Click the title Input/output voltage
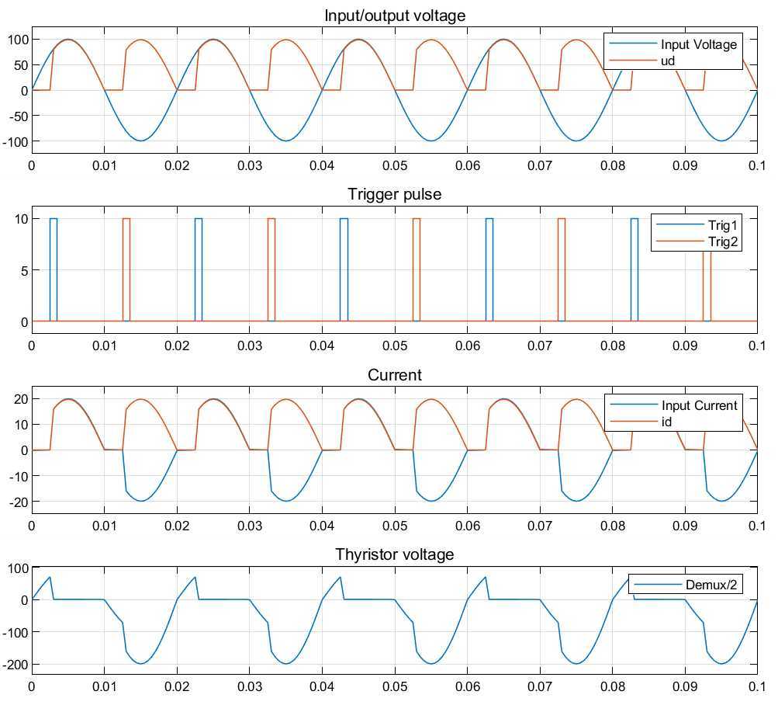[x=395, y=15]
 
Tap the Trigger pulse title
[x=395, y=194]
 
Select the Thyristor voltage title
[x=395, y=554]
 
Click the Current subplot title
[x=395, y=375]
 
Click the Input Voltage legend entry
[x=698, y=44]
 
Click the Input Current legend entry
[x=699, y=405]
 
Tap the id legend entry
[x=667, y=422]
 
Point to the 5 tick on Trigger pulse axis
[x=22, y=270]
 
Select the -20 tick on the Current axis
[x=17, y=502]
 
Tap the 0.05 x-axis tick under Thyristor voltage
[x=395, y=686]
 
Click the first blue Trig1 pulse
[x=54, y=268]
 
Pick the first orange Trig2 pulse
[x=126, y=268]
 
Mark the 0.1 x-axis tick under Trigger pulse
[x=756, y=344]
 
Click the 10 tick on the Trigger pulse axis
[x=19, y=219]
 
